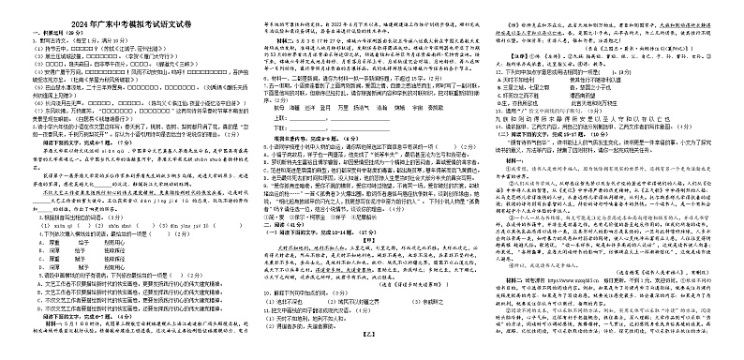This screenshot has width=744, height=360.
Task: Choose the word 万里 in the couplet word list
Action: (344, 133)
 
